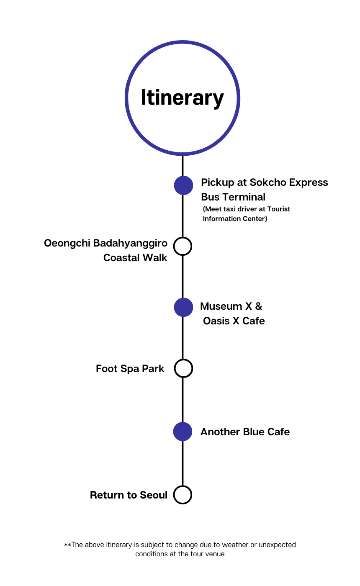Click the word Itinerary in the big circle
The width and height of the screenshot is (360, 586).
click(x=182, y=98)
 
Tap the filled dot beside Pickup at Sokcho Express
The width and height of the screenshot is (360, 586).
click(x=183, y=185)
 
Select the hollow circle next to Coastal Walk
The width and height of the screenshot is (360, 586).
click(x=183, y=246)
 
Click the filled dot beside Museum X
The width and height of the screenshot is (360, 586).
click(x=183, y=307)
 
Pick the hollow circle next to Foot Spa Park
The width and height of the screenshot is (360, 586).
click(x=183, y=368)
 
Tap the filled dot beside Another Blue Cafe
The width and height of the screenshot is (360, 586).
click(x=183, y=432)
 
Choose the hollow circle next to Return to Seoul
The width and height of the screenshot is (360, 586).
click(x=183, y=495)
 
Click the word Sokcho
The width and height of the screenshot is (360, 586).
click(x=266, y=182)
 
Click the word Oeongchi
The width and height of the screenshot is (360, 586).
click(x=67, y=244)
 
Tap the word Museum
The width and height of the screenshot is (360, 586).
click(x=221, y=306)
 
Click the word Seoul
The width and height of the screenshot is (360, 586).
click(x=154, y=495)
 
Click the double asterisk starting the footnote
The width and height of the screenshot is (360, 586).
click(x=67, y=545)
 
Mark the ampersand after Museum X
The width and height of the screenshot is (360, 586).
click(x=258, y=306)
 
